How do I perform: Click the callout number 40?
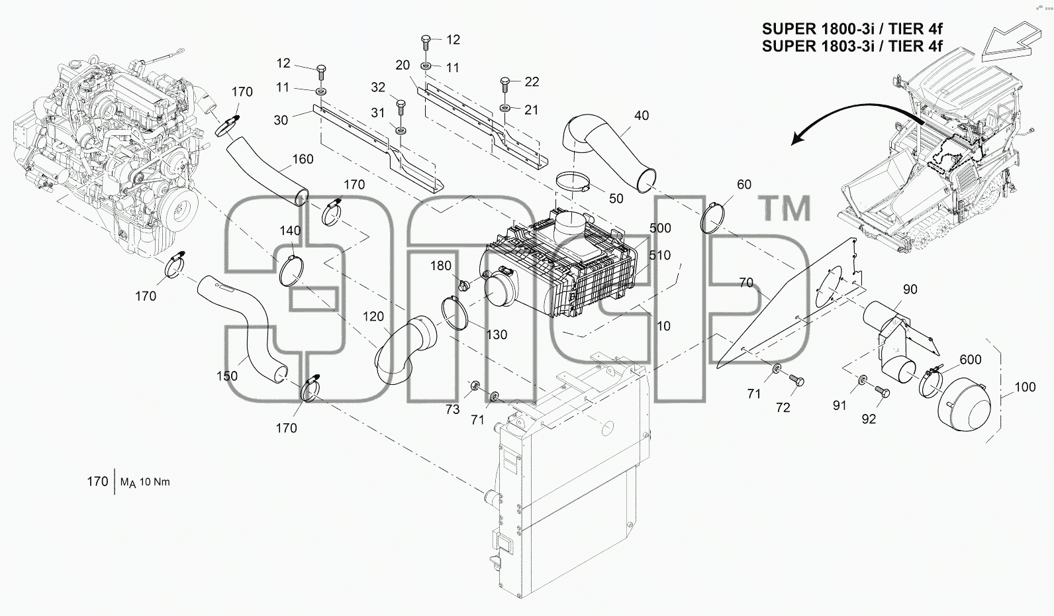pos(642,115)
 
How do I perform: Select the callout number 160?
pos(303,159)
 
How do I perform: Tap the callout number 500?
pos(660,229)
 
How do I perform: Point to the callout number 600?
pos(970,360)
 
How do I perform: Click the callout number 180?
pos(440,266)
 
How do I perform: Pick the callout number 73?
pos(452,409)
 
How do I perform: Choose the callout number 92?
pos(869,419)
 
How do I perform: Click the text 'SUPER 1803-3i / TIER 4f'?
pos(852,46)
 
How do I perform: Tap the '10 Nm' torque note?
pos(154,482)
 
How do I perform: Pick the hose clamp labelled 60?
pos(713,218)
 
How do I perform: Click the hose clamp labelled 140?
pos(291,271)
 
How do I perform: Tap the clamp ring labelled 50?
pos(573,183)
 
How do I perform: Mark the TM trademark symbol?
pos(785,208)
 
